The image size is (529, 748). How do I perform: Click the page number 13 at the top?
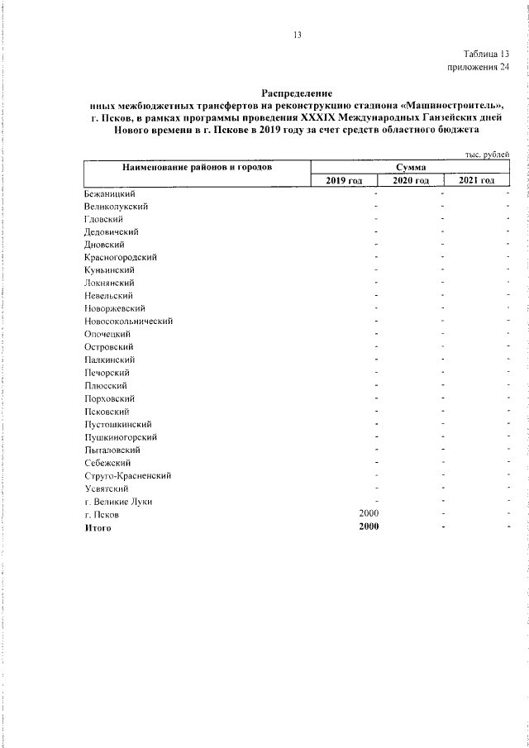tap(298, 34)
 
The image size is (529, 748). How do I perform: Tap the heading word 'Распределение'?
tap(296, 93)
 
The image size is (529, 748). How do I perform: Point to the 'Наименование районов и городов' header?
tap(198, 167)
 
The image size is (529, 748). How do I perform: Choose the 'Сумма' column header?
tap(411, 167)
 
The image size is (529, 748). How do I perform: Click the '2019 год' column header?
tap(344, 180)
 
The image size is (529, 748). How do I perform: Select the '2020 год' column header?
tap(411, 180)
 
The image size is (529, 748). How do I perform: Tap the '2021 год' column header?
tap(477, 180)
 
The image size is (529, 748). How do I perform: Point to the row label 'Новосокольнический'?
tap(128, 321)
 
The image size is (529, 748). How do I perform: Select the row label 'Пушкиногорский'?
tap(121, 437)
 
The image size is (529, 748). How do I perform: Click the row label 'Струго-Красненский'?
tap(127, 475)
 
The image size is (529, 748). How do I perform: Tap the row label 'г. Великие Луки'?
tap(118, 501)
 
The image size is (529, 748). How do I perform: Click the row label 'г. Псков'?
tap(102, 514)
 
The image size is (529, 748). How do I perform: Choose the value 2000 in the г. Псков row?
tap(368, 514)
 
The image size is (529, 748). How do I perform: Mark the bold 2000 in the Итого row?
tap(368, 527)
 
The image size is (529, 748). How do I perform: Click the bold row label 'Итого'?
tap(98, 527)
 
